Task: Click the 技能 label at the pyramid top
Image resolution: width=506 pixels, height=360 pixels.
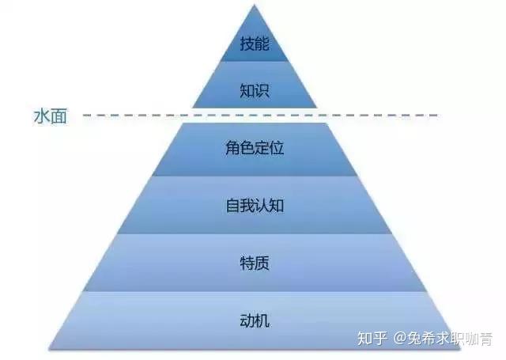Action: (x=255, y=44)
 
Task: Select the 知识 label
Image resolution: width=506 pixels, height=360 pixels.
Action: (x=255, y=90)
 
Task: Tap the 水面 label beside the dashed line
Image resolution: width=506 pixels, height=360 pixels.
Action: (x=51, y=116)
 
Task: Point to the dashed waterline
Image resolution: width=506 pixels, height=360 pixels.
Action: (x=261, y=115)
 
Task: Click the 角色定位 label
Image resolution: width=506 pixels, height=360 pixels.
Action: (x=255, y=148)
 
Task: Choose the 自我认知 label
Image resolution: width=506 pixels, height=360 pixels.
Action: (x=255, y=206)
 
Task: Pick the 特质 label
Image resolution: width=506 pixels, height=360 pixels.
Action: (x=255, y=263)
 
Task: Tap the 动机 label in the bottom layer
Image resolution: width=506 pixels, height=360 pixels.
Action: (x=255, y=320)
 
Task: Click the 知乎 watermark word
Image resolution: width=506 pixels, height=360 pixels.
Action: (x=372, y=339)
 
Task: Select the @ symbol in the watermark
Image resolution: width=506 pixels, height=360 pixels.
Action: (x=400, y=339)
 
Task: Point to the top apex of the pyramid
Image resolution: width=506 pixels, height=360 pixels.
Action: (x=255, y=5)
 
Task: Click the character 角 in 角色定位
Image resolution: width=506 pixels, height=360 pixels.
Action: (x=232, y=148)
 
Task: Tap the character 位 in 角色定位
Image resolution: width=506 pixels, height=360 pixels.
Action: (x=277, y=148)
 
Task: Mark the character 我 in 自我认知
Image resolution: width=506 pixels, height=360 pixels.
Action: (x=247, y=206)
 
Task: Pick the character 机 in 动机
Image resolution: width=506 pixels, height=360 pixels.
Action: (x=262, y=320)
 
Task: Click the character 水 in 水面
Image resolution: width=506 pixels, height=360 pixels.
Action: (x=42, y=116)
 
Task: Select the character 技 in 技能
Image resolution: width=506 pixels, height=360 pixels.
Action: (x=247, y=44)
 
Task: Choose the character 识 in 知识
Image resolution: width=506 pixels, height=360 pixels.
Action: (x=262, y=90)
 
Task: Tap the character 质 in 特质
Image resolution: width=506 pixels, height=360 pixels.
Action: (x=262, y=263)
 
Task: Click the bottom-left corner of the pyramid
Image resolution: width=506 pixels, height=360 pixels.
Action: (x=49, y=349)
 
